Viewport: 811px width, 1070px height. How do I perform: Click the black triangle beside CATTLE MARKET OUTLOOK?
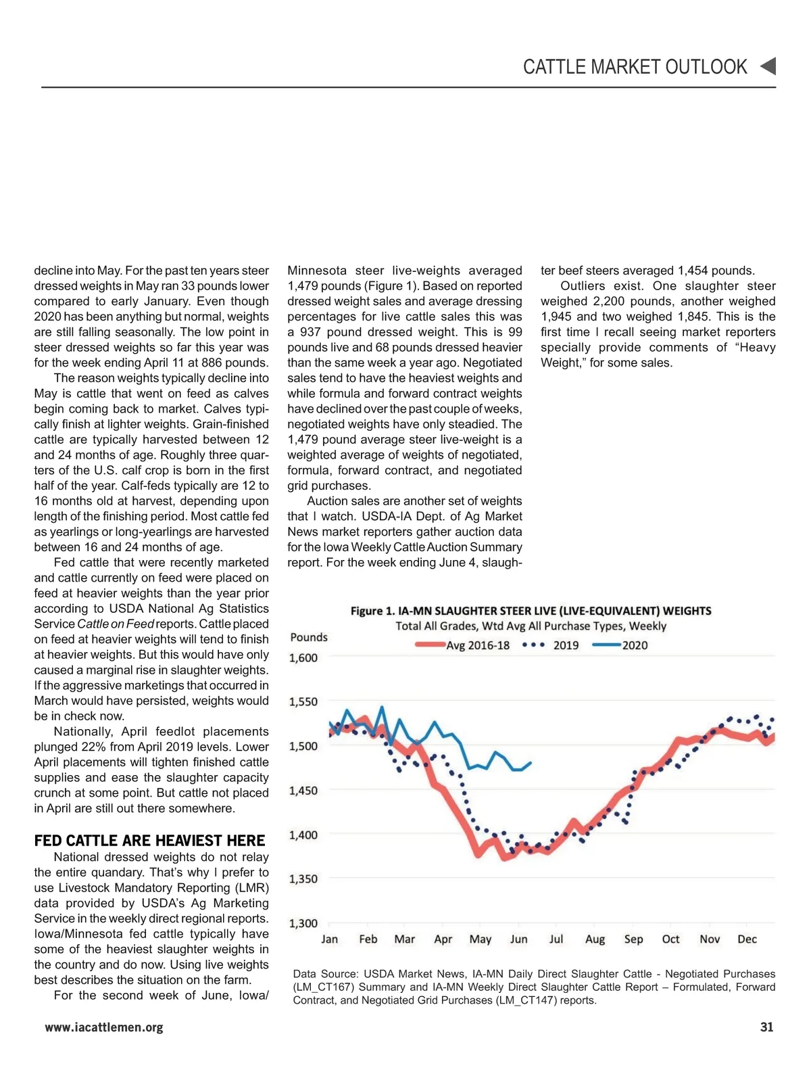coord(768,66)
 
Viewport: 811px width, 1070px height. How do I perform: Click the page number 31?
coord(766,1027)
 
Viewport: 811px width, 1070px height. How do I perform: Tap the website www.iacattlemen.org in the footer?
coord(104,1027)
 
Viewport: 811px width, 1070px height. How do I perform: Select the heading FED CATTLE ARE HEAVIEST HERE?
coord(149,841)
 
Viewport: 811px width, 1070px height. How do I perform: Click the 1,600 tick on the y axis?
coord(303,658)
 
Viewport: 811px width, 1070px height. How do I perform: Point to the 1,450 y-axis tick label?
coord(303,791)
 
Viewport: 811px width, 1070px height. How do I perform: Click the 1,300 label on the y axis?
coord(303,923)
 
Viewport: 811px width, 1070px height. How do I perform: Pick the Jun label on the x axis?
coord(518,939)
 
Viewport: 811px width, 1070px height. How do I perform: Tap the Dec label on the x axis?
coord(747,939)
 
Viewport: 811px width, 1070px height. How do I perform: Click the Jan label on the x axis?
coord(329,939)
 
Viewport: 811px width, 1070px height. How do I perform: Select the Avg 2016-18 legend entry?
coord(463,645)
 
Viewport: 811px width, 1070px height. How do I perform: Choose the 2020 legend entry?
coord(620,645)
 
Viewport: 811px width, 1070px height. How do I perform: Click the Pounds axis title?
coord(309,637)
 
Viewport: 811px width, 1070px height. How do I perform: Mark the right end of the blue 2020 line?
coord(531,763)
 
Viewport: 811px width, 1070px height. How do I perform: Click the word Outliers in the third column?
coord(583,286)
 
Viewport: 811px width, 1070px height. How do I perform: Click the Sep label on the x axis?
coord(633,939)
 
